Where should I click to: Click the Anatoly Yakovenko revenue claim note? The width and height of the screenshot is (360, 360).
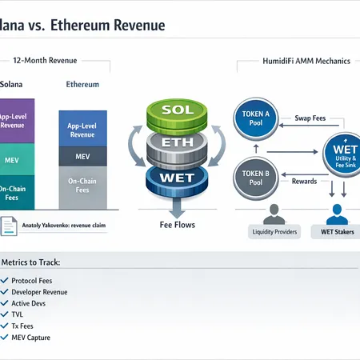coord(60,225)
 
